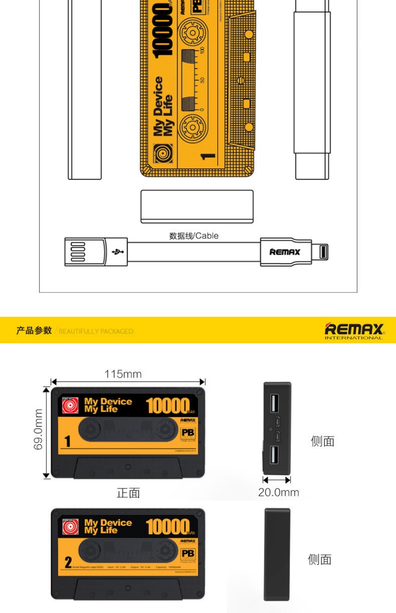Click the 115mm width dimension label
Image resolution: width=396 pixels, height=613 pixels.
click(x=122, y=374)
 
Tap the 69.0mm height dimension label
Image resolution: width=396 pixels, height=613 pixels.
click(x=38, y=429)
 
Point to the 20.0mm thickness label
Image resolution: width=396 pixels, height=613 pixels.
click(x=278, y=492)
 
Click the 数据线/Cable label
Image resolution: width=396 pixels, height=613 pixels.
click(x=193, y=235)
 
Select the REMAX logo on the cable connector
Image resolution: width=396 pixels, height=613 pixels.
click(x=285, y=252)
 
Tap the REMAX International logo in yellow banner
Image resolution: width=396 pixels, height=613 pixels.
click(x=354, y=331)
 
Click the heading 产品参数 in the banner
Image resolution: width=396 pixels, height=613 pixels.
click(x=34, y=331)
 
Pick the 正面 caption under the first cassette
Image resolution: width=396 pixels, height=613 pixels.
click(x=128, y=493)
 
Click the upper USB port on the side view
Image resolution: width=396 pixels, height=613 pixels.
click(x=275, y=404)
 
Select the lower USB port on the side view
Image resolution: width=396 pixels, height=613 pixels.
click(x=275, y=454)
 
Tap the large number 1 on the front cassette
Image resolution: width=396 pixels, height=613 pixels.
click(x=68, y=441)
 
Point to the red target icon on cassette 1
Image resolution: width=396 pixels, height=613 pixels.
click(x=70, y=405)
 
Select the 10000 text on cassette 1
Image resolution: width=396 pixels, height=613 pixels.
click(x=167, y=405)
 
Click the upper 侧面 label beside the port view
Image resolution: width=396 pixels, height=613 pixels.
click(x=322, y=441)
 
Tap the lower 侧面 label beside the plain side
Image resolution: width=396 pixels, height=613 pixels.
click(x=319, y=559)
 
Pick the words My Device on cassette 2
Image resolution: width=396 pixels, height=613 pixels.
click(x=108, y=523)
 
